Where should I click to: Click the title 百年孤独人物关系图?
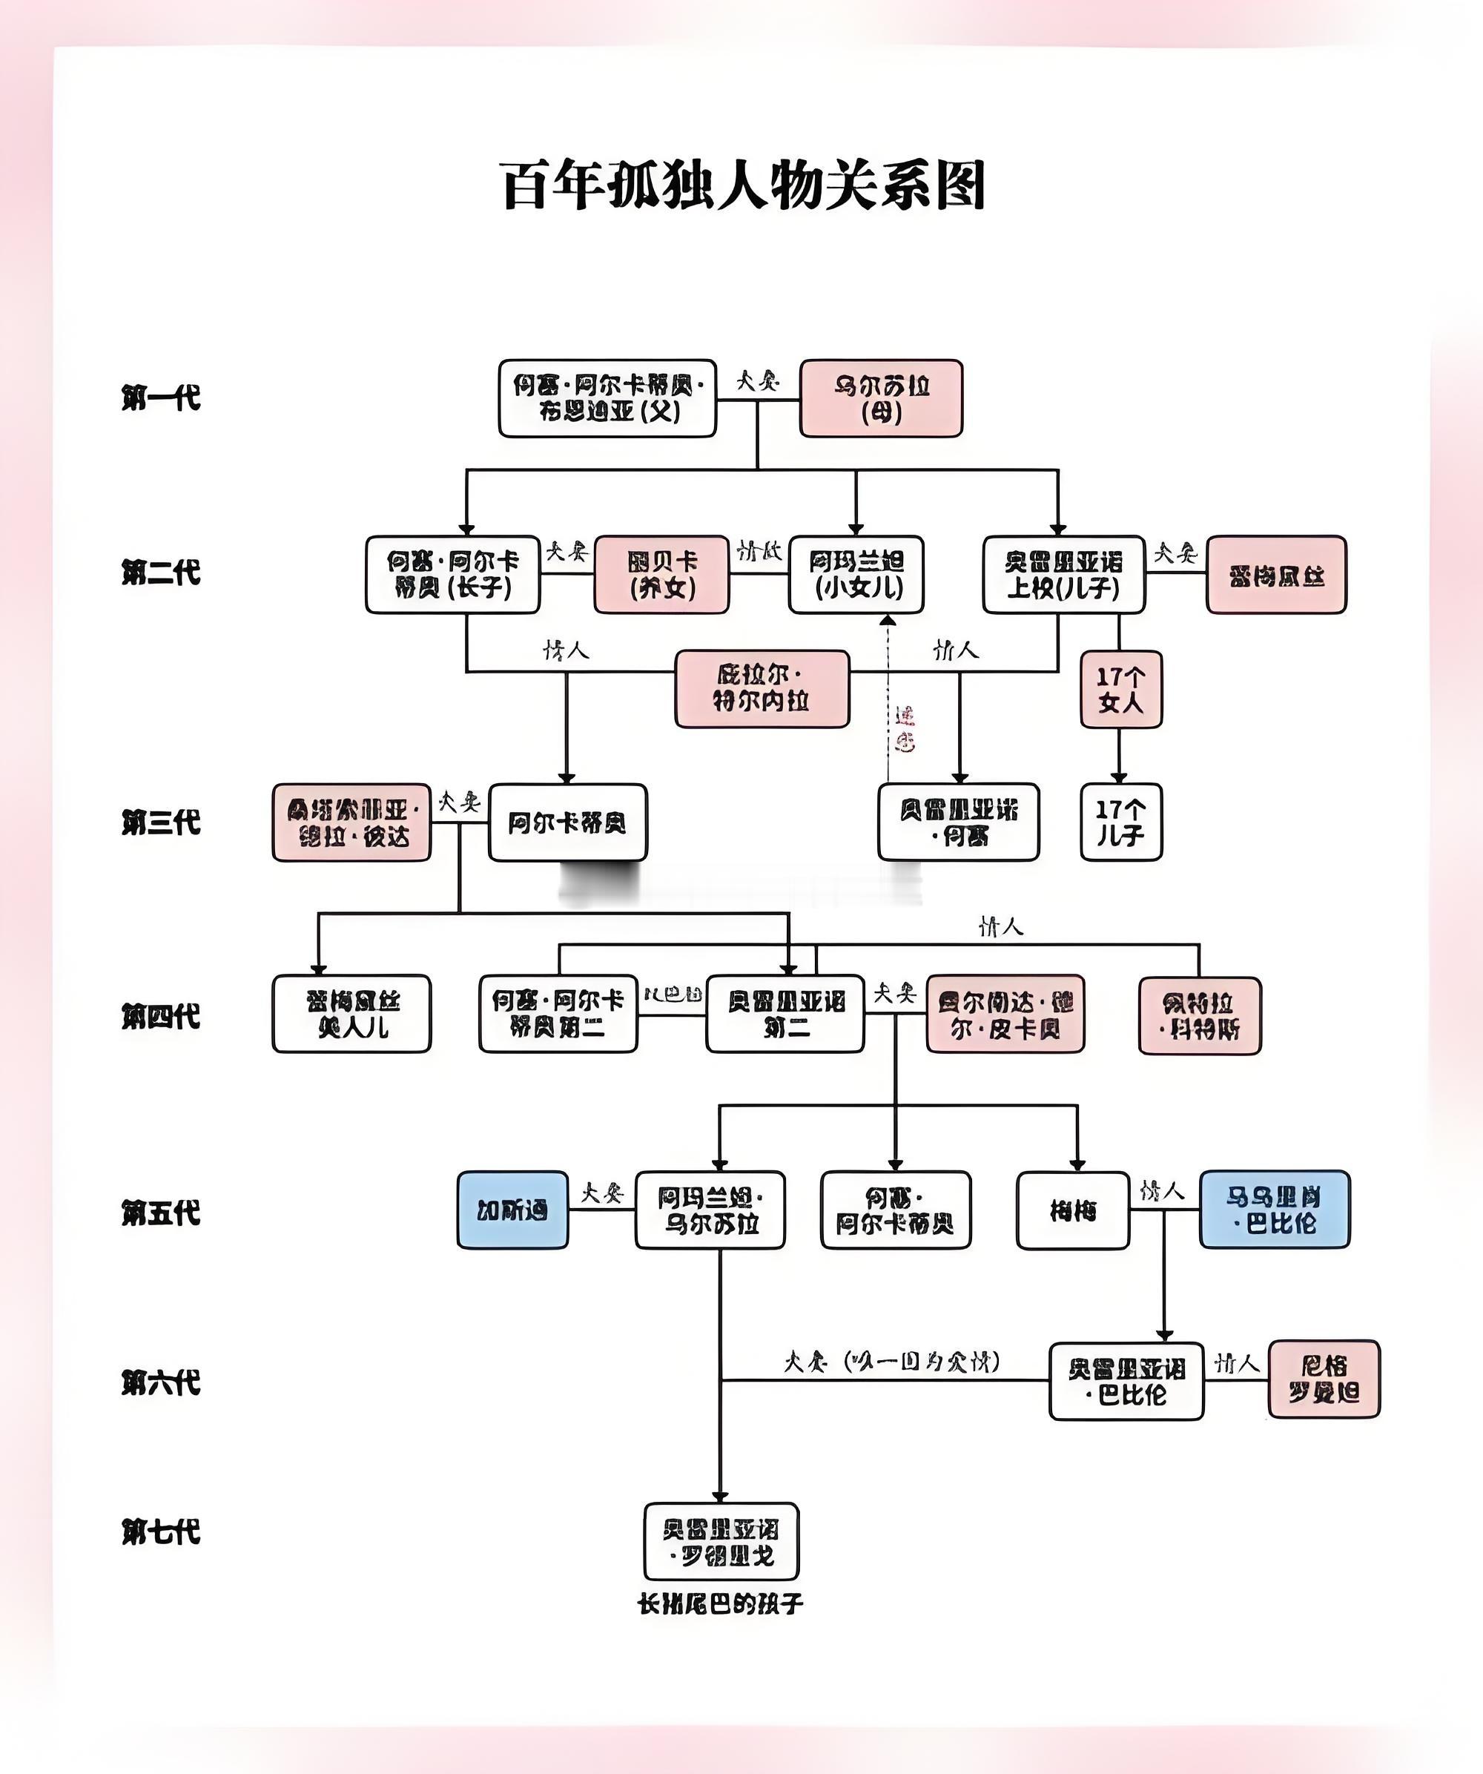[743, 186]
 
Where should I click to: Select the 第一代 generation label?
[160, 397]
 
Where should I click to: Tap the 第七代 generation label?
[160, 1531]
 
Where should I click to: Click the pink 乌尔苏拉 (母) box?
[881, 399]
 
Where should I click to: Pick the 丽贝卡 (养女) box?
[662, 575]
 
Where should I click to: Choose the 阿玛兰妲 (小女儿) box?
[856, 575]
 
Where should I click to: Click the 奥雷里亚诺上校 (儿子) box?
[1063, 575]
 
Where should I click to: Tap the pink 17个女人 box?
[1120, 689]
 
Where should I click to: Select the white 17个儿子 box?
[1120, 822]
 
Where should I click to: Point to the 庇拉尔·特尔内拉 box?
[762, 688]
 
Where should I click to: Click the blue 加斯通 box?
[512, 1210]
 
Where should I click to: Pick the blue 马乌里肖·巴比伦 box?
[1275, 1210]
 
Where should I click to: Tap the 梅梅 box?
[1072, 1210]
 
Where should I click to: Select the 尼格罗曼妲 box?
[1324, 1379]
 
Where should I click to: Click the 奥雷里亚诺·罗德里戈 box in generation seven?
[721, 1542]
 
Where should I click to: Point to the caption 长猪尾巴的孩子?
[721, 1604]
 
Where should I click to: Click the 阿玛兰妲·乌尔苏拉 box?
[710, 1210]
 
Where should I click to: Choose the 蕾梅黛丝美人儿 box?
[351, 1014]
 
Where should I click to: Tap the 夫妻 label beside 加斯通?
[601, 1193]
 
